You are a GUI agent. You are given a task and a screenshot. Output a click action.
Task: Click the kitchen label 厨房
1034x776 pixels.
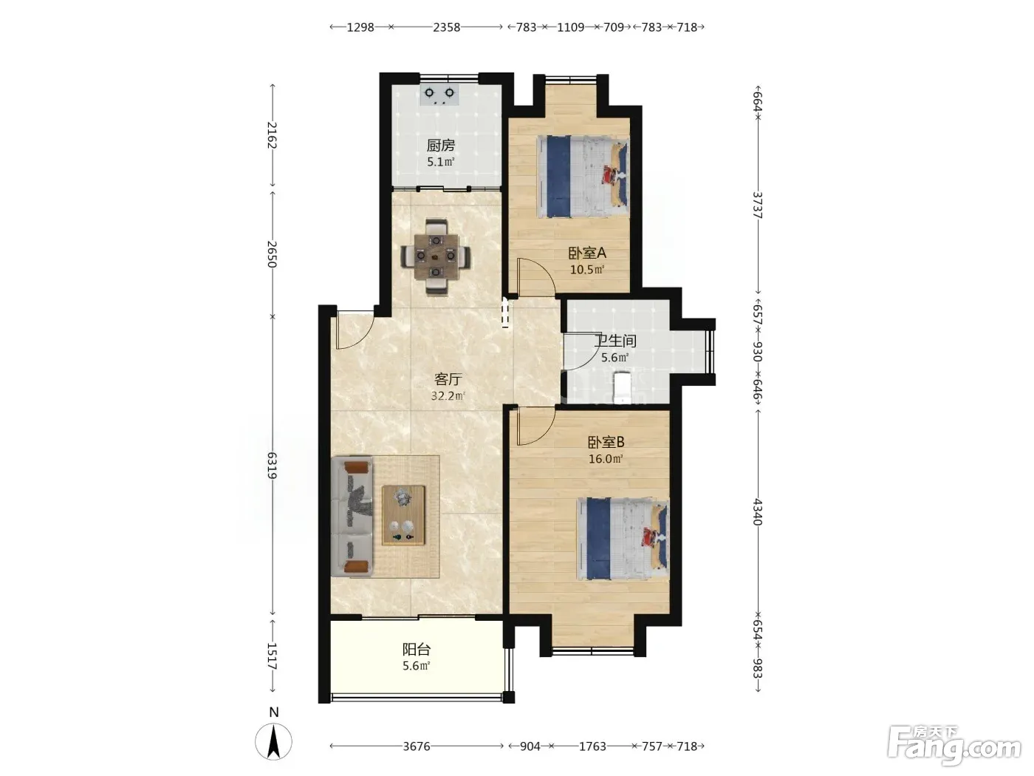[x=440, y=146]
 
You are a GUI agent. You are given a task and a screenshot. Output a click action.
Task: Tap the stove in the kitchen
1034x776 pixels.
[x=439, y=95]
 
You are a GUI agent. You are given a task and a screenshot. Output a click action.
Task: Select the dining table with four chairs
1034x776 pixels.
[x=436, y=256]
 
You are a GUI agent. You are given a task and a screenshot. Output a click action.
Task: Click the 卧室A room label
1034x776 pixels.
[x=587, y=253]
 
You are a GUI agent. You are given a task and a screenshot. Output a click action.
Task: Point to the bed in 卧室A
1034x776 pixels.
[x=583, y=177]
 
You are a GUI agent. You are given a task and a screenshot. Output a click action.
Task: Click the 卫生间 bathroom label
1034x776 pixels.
[x=615, y=341]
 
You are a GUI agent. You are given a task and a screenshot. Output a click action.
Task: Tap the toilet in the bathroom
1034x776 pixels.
[x=622, y=387]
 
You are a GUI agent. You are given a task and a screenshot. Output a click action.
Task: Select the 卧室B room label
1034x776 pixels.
[x=606, y=443]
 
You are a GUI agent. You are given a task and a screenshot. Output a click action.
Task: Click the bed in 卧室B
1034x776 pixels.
[x=623, y=539]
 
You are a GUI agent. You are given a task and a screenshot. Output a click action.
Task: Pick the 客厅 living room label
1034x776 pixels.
[x=448, y=379]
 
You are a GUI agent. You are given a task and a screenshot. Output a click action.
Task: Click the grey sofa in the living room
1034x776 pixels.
[x=352, y=517]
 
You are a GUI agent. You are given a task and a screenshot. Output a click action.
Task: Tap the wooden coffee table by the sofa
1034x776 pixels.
[x=403, y=515]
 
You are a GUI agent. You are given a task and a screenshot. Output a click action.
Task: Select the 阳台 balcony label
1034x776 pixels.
[x=417, y=650]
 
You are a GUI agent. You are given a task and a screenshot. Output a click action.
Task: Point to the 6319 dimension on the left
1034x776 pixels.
[x=272, y=466]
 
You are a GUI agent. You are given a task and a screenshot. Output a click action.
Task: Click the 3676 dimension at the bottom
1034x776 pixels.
[x=417, y=746]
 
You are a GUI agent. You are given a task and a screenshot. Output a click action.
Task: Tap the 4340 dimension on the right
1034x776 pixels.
[x=757, y=512]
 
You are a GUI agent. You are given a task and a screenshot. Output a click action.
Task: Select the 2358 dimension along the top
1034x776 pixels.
[x=447, y=27]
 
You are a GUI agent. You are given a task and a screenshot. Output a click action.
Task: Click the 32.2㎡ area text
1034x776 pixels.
[x=448, y=396]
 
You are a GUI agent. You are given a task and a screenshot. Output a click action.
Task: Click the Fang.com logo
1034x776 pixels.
[x=953, y=746]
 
